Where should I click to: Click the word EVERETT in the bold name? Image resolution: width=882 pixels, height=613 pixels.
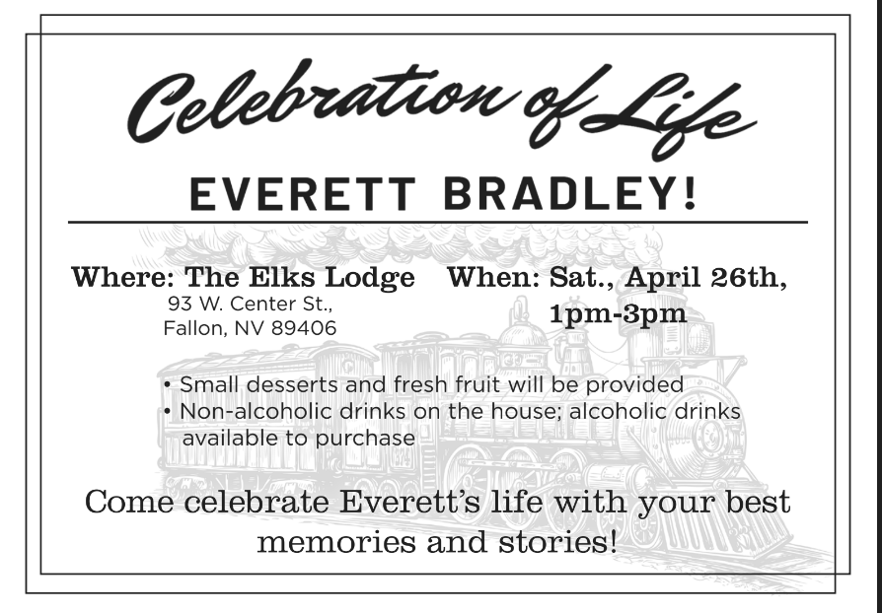pyautogui.click(x=303, y=194)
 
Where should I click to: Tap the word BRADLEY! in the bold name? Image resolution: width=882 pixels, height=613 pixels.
pyautogui.click(x=570, y=194)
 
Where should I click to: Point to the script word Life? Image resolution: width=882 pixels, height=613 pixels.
pyautogui.click(x=668, y=112)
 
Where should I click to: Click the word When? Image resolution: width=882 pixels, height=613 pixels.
pyautogui.click(x=493, y=277)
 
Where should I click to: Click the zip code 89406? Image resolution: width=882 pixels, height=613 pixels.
pyautogui.click(x=304, y=328)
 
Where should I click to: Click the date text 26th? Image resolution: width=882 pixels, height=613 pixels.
pyautogui.click(x=749, y=278)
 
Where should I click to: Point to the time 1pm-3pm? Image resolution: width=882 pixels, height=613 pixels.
pyautogui.click(x=619, y=314)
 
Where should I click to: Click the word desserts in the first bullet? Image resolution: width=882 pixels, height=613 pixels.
pyautogui.click(x=292, y=385)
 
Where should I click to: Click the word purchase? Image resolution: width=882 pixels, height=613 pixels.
pyautogui.click(x=365, y=439)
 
